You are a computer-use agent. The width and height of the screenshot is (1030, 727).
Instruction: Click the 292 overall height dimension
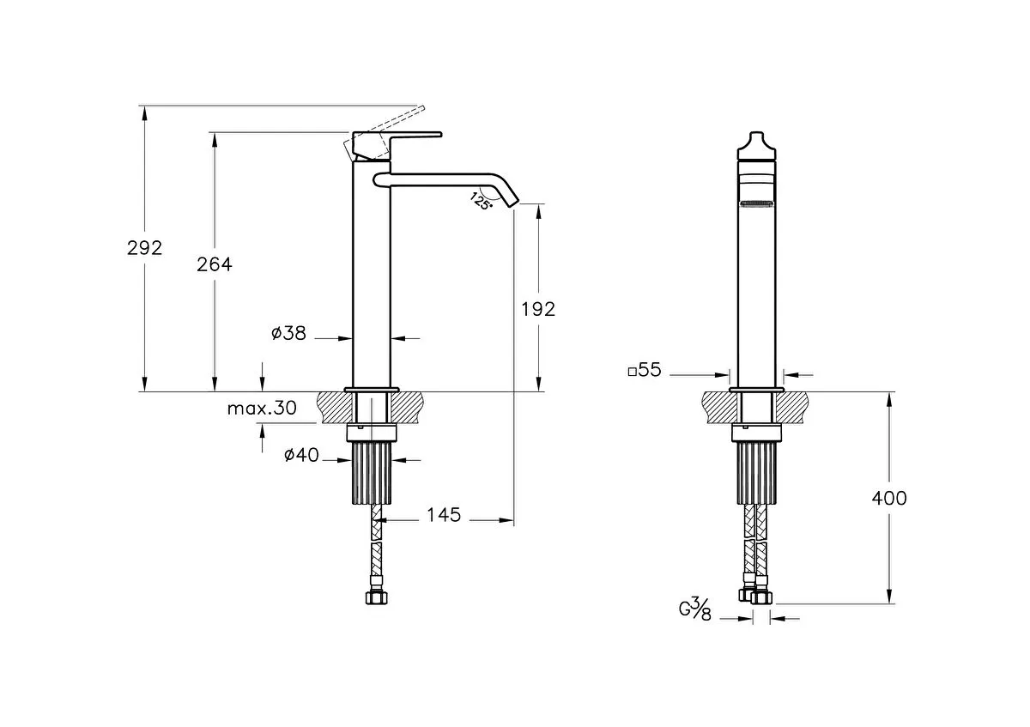(145, 248)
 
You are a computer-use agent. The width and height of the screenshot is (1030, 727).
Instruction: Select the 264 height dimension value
(215, 264)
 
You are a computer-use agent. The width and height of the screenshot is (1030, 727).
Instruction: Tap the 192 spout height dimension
(538, 310)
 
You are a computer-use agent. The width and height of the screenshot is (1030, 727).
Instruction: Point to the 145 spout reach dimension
(444, 515)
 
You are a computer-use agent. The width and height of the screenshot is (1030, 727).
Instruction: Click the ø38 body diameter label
(288, 333)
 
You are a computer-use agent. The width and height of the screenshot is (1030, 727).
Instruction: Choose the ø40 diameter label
(301, 455)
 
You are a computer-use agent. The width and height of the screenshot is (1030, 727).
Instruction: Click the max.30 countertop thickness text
(262, 408)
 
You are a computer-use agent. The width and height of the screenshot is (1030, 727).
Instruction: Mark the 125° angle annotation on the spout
(481, 202)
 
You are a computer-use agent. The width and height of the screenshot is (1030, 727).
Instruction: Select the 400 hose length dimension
(889, 498)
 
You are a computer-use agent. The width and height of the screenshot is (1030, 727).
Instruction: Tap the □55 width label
(645, 370)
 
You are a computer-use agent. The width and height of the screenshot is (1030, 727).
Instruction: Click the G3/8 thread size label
(694, 609)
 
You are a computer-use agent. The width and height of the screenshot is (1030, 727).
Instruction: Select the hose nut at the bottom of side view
(377, 597)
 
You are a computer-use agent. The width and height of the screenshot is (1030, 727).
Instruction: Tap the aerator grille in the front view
(756, 204)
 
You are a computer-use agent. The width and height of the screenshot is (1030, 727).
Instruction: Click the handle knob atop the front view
(756, 146)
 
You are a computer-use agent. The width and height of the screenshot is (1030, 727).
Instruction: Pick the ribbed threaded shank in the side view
(372, 473)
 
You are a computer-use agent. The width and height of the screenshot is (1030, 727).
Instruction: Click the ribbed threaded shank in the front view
(756, 473)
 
